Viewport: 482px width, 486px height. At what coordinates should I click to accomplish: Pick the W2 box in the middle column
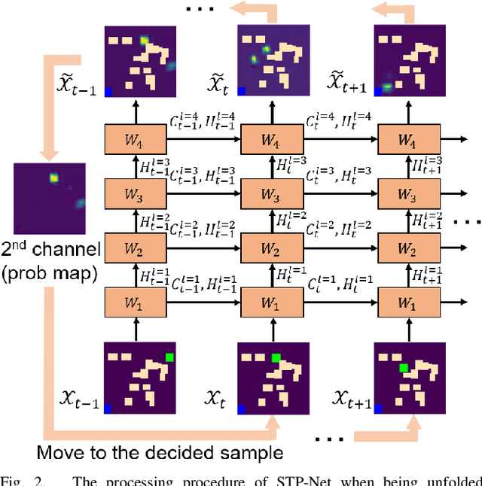pos(270,251)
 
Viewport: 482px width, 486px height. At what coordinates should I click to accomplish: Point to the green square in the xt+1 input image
pos(404,368)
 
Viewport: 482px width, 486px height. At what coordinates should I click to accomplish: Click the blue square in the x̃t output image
pos(243,91)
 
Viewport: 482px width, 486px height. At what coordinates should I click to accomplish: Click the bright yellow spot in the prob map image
pos(53,178)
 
